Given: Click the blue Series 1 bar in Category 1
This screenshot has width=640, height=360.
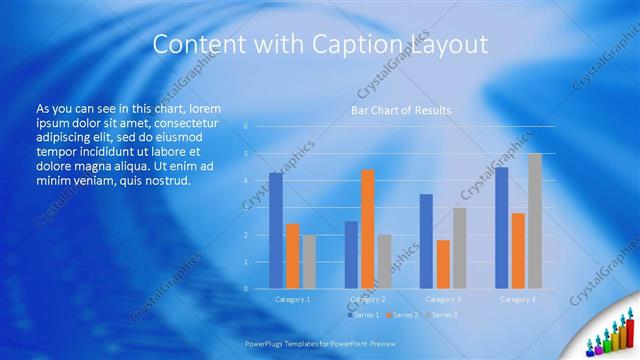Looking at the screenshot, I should tap(276, 231).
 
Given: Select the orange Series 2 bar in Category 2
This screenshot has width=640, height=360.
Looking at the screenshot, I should tap(368, 229).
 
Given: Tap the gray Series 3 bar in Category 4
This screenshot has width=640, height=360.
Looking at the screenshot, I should tap(535, 221).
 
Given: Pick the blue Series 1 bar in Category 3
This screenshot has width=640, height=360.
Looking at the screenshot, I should tap(426, 241).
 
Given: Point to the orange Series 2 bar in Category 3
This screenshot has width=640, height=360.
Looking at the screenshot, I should tap(443, 264).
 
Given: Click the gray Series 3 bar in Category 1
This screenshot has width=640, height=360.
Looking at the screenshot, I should tap(309, 262).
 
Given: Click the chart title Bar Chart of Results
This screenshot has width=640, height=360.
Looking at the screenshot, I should tap(401, 110).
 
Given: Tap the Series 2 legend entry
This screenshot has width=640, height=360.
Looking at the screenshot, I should tap(403, 315).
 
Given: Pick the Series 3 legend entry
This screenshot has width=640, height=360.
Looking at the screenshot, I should tap(441, 315).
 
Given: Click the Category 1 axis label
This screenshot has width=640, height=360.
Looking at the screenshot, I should tap(293, 299).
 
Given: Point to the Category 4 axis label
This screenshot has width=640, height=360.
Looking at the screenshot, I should tap(518, 299).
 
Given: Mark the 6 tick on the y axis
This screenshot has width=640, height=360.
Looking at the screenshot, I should tap(246, 127).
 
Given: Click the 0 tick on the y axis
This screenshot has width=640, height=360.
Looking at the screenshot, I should tap(246, 289).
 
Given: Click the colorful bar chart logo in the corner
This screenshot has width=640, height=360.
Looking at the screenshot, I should tap(609, 334).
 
